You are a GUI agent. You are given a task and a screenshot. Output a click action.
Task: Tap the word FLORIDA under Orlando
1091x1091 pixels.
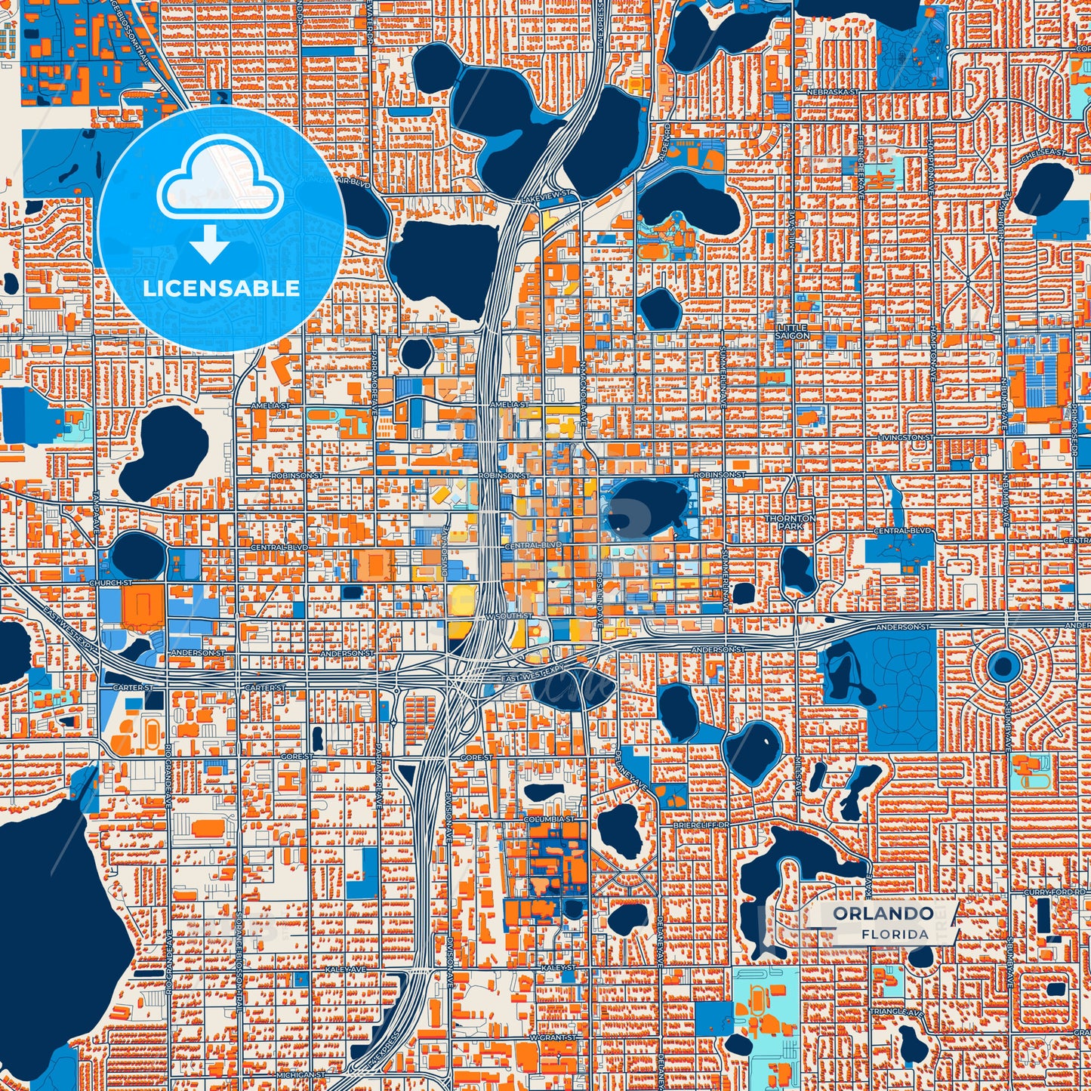click(895, 934)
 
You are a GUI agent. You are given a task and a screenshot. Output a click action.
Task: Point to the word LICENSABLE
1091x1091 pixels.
click(220, 288)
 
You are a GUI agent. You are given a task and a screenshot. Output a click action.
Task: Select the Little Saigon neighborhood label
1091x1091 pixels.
click(792, 331)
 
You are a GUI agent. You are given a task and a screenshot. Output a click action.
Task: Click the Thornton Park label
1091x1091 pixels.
click(791, 522)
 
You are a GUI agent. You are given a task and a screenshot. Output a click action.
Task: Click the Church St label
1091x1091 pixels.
click(111, 583)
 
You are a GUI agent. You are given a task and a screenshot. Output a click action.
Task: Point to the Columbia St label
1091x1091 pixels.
click(549, 818)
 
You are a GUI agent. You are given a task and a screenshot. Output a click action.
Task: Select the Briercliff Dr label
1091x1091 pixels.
click(701, 825)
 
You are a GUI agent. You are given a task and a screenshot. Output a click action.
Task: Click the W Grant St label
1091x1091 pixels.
click(553, 1037)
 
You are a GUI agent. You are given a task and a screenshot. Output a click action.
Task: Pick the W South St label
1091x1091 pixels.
click(510, 616)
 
